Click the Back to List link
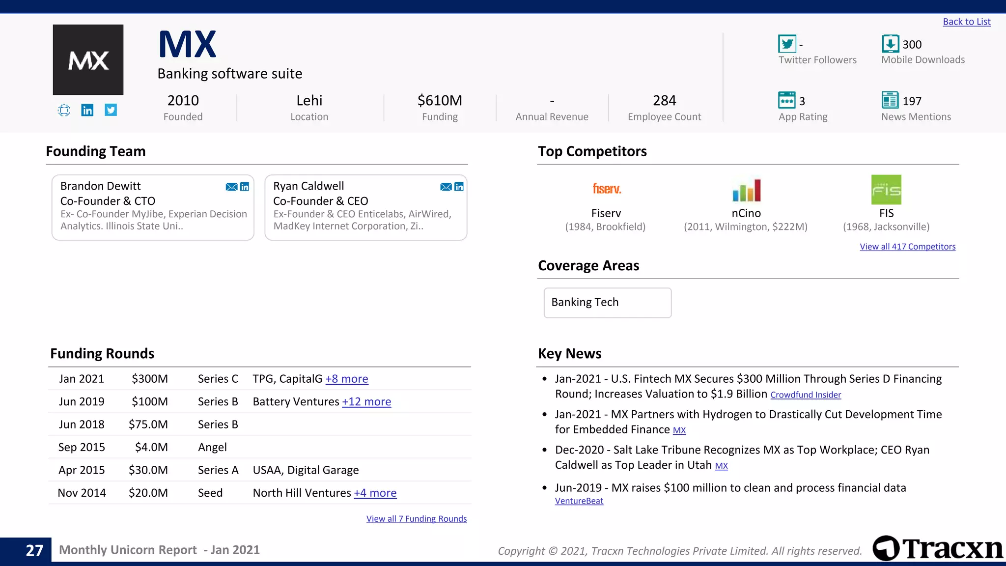pos(966,22)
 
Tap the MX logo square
pos(88,59)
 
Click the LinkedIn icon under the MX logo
pos(87,110)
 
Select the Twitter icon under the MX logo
pos(111,110)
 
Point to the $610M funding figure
pos(440,100)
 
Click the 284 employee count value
pos(664,100)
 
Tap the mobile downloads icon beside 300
pos(890,44)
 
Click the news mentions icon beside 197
pos(890,100)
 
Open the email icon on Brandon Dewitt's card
pos(231,187)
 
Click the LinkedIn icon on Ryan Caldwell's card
pos(459,187)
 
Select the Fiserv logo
pos(607,189)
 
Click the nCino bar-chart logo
pos(746,190)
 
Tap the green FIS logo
pos(886,190)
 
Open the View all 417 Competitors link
pos(907,247)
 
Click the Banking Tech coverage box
pos(607,303)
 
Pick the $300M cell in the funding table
pos(149,379)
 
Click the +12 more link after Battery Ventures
pos(366,402)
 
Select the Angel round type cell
pos(212,447)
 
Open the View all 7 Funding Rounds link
pos(416,519)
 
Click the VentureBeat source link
pos(579,501)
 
